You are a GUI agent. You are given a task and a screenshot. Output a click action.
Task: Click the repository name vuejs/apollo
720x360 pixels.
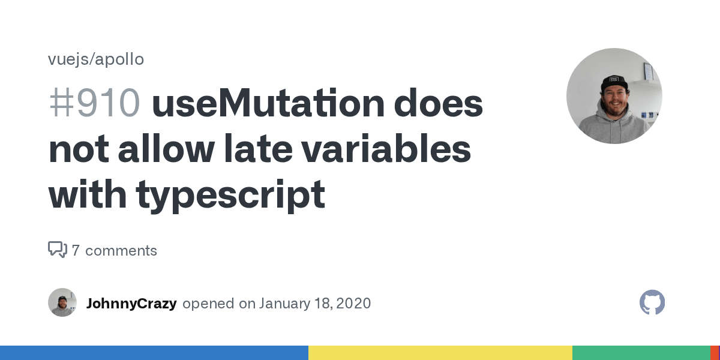96,59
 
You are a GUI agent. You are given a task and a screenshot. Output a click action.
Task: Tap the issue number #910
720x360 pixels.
94,103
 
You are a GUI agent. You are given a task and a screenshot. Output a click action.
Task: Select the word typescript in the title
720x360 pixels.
230,194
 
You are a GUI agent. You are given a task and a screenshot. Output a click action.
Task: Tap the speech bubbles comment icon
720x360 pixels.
57,250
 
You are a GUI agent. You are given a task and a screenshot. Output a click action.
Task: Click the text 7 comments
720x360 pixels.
114,250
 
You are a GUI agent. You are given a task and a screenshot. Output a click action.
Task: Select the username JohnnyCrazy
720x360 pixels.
131,303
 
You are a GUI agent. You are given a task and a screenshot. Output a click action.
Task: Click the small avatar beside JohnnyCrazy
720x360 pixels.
62,302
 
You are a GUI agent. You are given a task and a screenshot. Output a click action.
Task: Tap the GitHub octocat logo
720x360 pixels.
652,302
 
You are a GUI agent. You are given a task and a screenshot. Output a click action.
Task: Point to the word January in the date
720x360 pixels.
283,303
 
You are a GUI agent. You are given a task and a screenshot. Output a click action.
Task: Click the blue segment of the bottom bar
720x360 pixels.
154,353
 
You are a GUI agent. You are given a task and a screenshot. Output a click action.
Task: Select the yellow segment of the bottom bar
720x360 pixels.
440,353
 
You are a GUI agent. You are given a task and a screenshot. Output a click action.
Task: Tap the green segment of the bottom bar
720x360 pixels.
641,353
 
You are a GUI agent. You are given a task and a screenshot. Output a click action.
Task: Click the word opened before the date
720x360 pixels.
208,303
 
